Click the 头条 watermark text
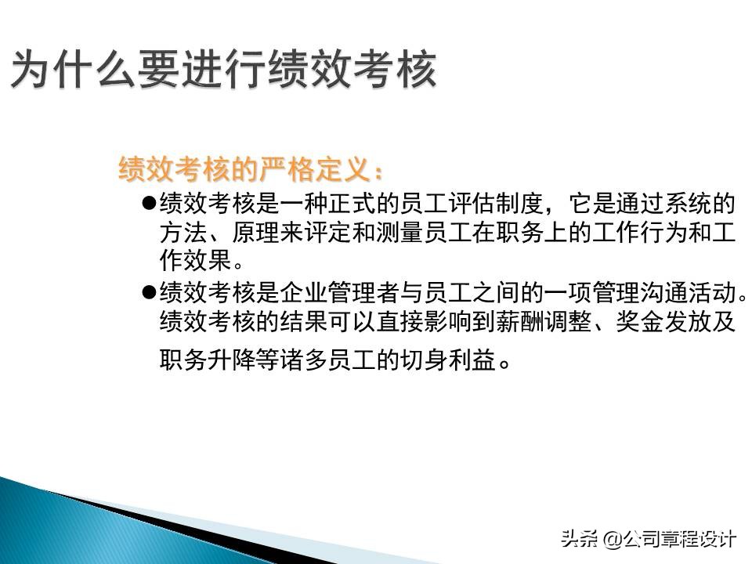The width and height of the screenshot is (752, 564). point(580,539)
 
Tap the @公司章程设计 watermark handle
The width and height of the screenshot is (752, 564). point(671,539)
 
